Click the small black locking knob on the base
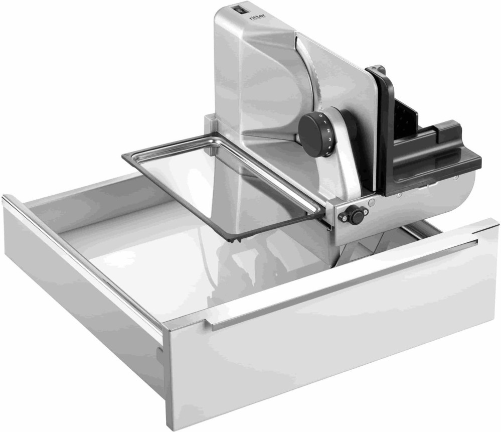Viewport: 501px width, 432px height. click(x=357, y=216)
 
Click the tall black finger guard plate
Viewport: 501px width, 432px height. click(x=384, y=130)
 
